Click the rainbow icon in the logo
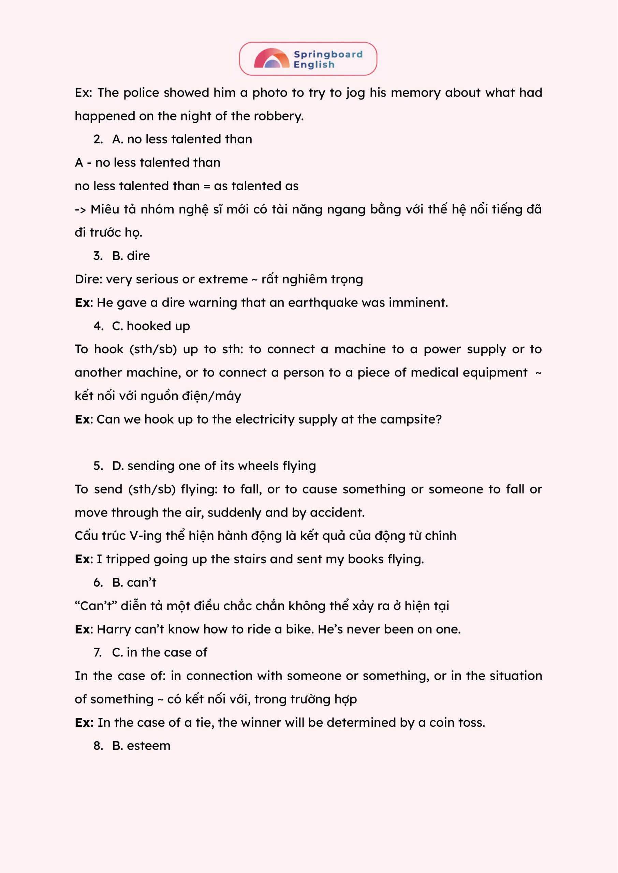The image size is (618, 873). pos(271,59)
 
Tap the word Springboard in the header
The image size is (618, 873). pos(328,55)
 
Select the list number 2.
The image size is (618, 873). pos(98,139)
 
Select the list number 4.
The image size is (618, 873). pos(98,326)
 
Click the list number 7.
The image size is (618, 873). pos(98,652)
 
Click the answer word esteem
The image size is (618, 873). pos(148,745)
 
